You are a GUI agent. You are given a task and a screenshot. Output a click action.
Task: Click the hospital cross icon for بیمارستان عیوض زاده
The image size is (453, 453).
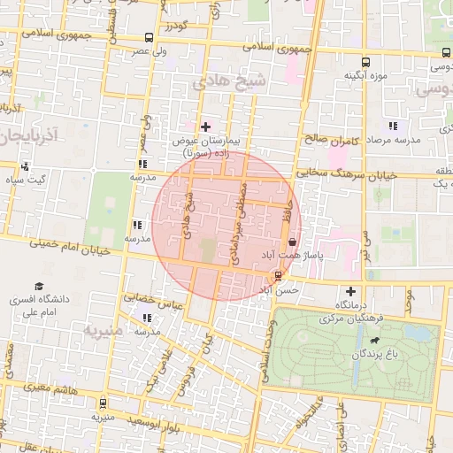[x=206, y=127]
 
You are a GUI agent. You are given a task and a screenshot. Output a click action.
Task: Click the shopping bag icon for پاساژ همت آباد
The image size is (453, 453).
[x=292, y=242]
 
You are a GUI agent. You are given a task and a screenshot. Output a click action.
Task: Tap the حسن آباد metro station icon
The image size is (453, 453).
[x=279, y=275]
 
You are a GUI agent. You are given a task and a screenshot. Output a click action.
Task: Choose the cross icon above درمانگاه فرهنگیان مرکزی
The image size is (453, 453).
[x=350, y=291]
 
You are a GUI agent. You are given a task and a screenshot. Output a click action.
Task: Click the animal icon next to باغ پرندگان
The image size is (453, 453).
[x=377, y=340]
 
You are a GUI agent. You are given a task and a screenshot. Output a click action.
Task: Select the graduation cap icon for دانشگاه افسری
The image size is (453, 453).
[x=38, y=286]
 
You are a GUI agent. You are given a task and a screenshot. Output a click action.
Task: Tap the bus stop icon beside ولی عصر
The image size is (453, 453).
[x=147, y=39]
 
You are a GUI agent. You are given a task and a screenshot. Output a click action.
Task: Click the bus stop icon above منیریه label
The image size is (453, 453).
[x=103, y=403]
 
